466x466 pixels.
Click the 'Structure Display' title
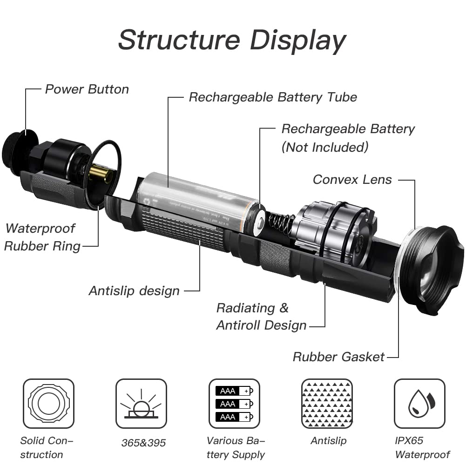232,40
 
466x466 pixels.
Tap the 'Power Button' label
87,89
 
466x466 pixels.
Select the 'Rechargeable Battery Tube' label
273,97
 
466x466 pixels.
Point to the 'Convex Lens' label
352,180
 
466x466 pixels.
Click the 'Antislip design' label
134,291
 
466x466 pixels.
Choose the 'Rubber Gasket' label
338,357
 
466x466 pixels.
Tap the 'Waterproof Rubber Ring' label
42,237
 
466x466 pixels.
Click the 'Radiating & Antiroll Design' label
261,317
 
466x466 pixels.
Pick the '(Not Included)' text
325,148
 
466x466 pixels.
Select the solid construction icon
48,404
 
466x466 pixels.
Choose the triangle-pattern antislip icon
327,404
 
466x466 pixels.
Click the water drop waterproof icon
419,404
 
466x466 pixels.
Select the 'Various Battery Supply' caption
236,447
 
